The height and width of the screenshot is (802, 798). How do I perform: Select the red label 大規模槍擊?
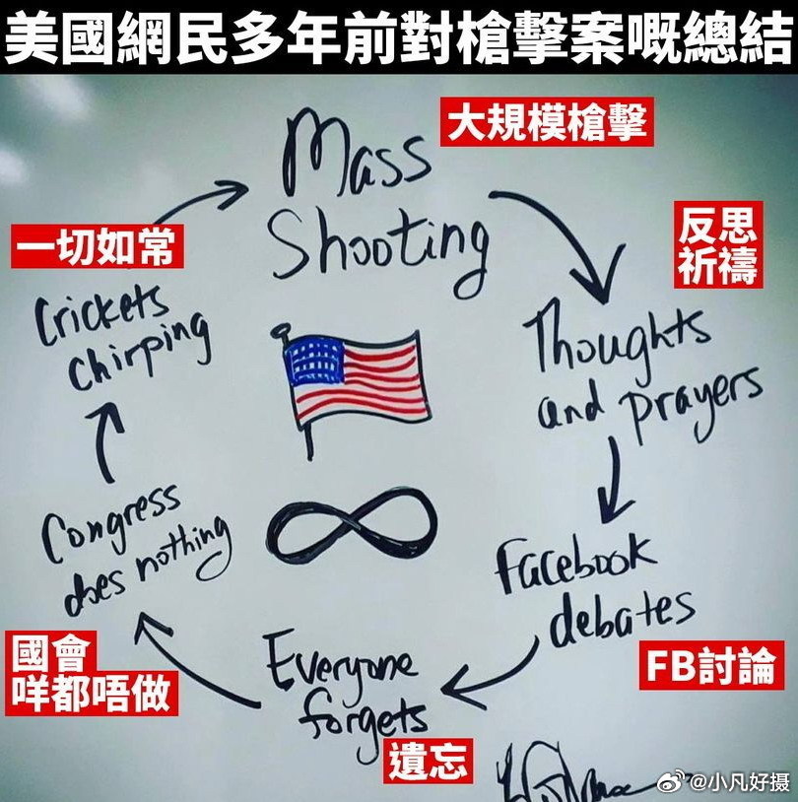[x=546, y=124]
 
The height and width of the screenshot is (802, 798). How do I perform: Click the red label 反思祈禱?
[x=718, y=245]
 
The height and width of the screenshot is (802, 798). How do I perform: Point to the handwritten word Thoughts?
[x=622, y=341]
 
